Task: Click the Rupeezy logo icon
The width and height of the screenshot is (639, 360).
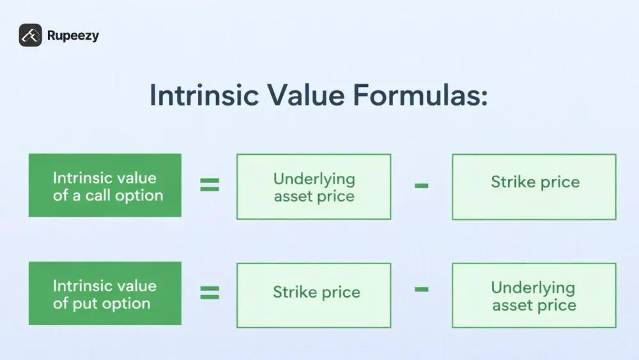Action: pos(30,35)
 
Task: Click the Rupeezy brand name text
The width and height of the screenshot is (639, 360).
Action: pos(73,36)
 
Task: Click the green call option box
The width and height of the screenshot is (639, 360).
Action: pos(105,185)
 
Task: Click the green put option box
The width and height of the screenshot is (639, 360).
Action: pos(105,293)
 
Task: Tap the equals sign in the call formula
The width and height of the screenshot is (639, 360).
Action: pos(210,185)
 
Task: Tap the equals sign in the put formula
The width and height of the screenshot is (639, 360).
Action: pos(210,293)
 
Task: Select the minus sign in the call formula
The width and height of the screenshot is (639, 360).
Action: pos(421,186)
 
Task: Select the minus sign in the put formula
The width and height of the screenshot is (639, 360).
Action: pos(421,289)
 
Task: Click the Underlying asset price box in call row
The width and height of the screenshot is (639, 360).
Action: pos(314,187)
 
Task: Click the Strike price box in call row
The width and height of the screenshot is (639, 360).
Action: pos(534,187)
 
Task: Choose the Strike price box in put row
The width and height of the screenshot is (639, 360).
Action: pos(314,294)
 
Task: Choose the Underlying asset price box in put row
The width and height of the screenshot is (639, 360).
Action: pos(534,295)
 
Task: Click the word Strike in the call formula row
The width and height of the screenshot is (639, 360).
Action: pos(512,182)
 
